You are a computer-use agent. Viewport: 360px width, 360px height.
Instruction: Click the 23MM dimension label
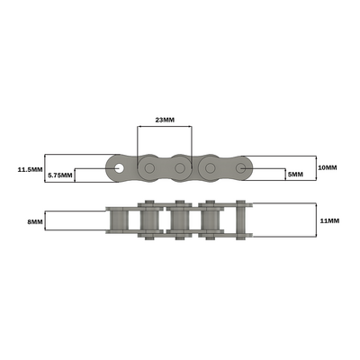point(165,118)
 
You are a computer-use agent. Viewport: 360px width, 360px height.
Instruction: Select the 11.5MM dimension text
point(31,168)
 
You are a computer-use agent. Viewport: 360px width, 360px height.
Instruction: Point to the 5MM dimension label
point(295,174)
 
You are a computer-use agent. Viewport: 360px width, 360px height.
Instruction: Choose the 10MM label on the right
point(328,168)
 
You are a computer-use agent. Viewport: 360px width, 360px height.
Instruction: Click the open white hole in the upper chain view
point(119,167)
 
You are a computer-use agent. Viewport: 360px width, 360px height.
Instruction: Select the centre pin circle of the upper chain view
point(180,167)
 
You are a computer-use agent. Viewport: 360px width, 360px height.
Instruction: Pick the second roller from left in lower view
point(149,221)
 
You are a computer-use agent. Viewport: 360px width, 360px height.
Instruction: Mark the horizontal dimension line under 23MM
point(165,126)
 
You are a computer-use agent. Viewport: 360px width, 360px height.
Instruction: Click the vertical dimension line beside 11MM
point(316,220)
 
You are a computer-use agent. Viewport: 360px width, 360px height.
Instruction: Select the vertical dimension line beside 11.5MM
point(46,168)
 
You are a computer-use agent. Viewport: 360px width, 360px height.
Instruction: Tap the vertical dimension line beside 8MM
point(46,220)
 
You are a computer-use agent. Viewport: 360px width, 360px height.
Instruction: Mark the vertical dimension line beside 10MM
point(316,168)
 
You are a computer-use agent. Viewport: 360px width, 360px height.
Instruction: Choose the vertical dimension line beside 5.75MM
point(76,175)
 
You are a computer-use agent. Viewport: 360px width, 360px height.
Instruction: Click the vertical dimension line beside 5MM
point(283,174)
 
